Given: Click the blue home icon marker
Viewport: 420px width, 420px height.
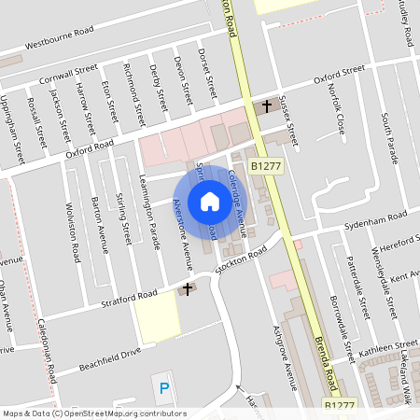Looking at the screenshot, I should pyautogui.click(x=210, y=202).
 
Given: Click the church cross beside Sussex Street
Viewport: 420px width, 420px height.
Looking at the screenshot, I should pyautogui.click(x=266, y=105).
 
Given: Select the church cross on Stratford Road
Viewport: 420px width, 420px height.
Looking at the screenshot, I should pyautogui.click(x=188, y=289).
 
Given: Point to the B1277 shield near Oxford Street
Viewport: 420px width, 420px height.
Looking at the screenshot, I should pyautogui.click(x=264, y=165).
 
